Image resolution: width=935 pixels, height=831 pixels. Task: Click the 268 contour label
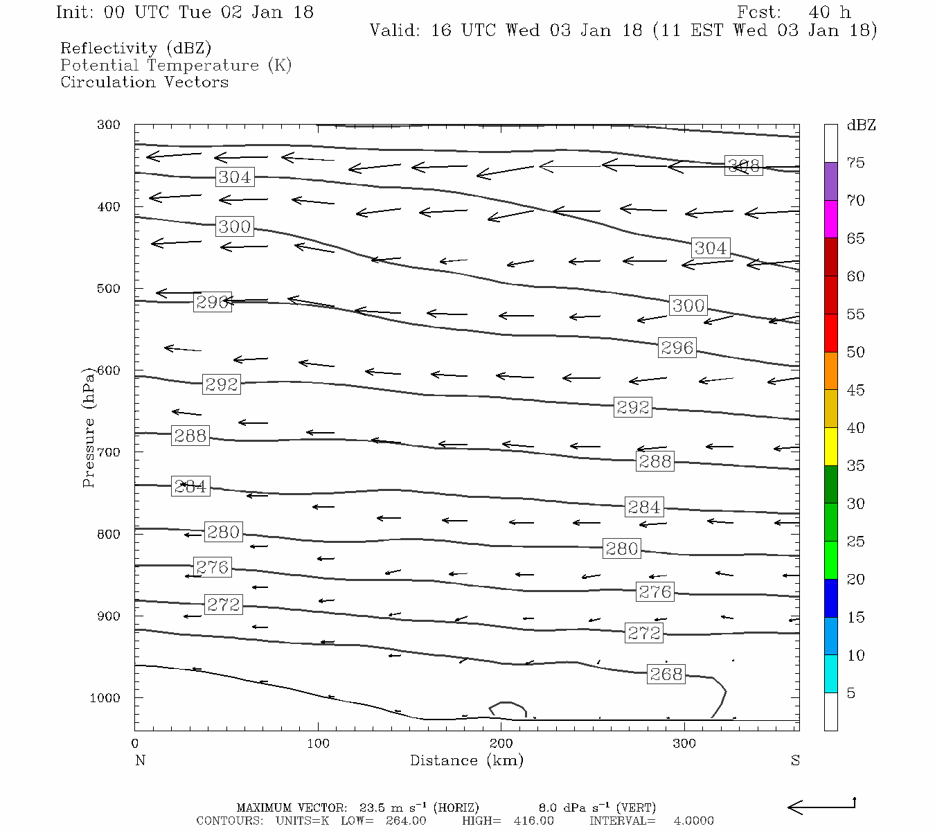(666, 674)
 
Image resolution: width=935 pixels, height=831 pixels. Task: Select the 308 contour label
(743, 166)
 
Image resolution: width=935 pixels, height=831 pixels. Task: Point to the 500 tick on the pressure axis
(109, 289)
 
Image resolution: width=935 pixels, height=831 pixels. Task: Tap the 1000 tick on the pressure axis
(105, 698)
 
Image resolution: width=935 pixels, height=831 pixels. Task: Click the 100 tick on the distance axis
(318, 744)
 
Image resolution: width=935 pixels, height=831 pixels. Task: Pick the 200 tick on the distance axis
(501, 744)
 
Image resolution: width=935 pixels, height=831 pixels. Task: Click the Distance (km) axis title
(466, 760)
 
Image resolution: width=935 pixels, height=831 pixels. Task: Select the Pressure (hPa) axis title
(89, 427)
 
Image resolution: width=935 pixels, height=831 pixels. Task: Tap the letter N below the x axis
(140, 760)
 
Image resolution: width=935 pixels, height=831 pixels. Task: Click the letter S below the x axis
(795, 760)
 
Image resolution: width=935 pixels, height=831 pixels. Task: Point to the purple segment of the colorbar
(830, 181)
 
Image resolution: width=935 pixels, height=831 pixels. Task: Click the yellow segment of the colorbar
(830, 447)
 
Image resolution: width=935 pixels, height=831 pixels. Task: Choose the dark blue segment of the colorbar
(830, 598)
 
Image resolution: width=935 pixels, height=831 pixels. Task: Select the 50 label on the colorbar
(855, 352)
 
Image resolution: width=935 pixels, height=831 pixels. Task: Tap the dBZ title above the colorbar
(861, 125)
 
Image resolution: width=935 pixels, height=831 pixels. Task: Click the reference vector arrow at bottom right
(821, 806)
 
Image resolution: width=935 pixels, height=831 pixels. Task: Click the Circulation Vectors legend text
(144, 82)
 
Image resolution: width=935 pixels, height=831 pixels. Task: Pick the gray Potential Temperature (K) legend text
(176, 66)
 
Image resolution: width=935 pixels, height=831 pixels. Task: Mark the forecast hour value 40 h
(829, 12)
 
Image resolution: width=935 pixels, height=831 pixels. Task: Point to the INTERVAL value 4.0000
(693, 821)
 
